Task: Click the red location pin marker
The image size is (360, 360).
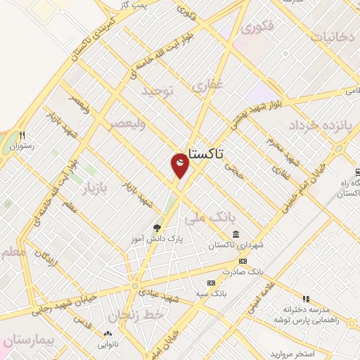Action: [x=180, y=165]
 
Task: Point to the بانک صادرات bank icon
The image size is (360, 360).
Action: [x=243, y=261]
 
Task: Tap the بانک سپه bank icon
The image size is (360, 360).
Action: [x=210, y=283]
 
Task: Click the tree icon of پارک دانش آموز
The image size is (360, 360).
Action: [x=157, y=227]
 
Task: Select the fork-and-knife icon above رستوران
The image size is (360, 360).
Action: [x=22, y=136]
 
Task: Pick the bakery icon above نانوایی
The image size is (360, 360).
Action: [x=108, y=334]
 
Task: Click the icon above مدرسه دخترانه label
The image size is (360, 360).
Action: [x=304, y=299]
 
